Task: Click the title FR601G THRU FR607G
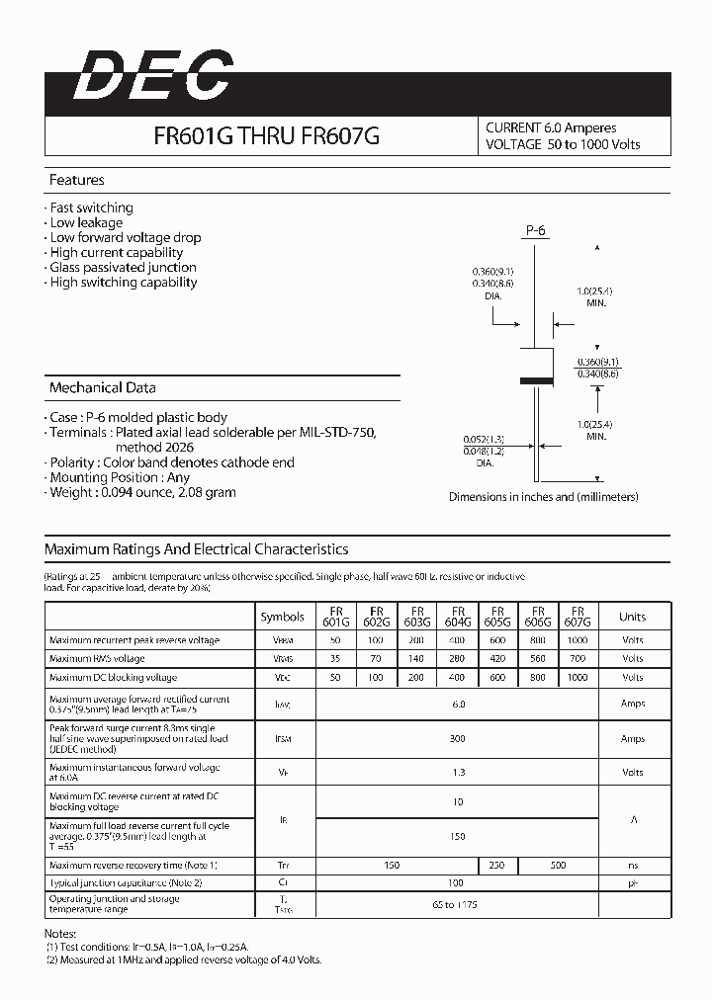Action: pos(266,139)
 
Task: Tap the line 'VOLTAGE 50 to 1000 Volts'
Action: pos(563,144)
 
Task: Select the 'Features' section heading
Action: pos(77,181)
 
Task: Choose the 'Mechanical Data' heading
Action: pos(102,388)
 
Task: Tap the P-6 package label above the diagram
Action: pos(535,230)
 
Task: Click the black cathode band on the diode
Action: pos(535,380)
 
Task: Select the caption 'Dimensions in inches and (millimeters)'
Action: pos(543,497)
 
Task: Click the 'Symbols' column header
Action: pos(282,617)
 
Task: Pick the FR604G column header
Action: pos(457,617)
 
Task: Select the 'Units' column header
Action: pos(632,617)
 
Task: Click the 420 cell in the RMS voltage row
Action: pos(497,658)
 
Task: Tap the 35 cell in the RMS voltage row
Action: pos(335,658)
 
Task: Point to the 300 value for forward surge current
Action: pos(457,739)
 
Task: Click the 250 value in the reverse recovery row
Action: pos(496,866)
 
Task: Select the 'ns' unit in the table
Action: pos(632,866)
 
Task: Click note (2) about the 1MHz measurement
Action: pos(184,959)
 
